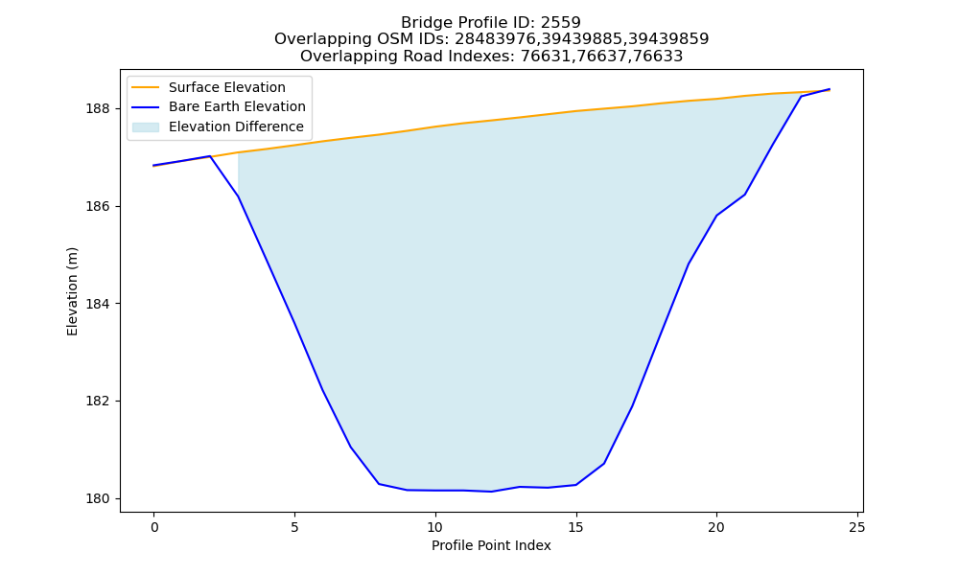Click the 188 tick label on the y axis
pos(98,108)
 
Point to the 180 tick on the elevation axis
pos(98,498)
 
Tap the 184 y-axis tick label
pos(98,304)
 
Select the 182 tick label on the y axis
pos(98,402)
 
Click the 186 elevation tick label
pos(98,207)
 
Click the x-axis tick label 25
pos(857,527)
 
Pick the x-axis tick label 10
pos(434,527)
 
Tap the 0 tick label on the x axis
pos(154,527)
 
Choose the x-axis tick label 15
pos(575,527)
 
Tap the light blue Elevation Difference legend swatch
pos(146,127)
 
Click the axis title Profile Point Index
pos(491,545)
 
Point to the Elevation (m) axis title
pos(72,291)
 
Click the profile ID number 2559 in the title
pos(560,23)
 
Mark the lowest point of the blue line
pos(491,492)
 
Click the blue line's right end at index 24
pos(830,89)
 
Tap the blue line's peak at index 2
pos(210,156)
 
